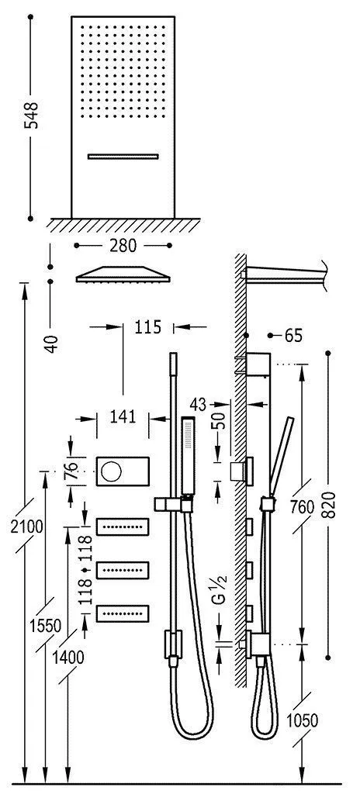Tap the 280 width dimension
(x=123, y=246)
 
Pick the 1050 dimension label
(x=301, y=720)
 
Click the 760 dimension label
(x=301, y=507)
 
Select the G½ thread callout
(x=220, y=597)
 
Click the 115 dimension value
(x=147, y=327)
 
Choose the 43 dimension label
(x=198, y=403)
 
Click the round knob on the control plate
(x=112, y=471)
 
